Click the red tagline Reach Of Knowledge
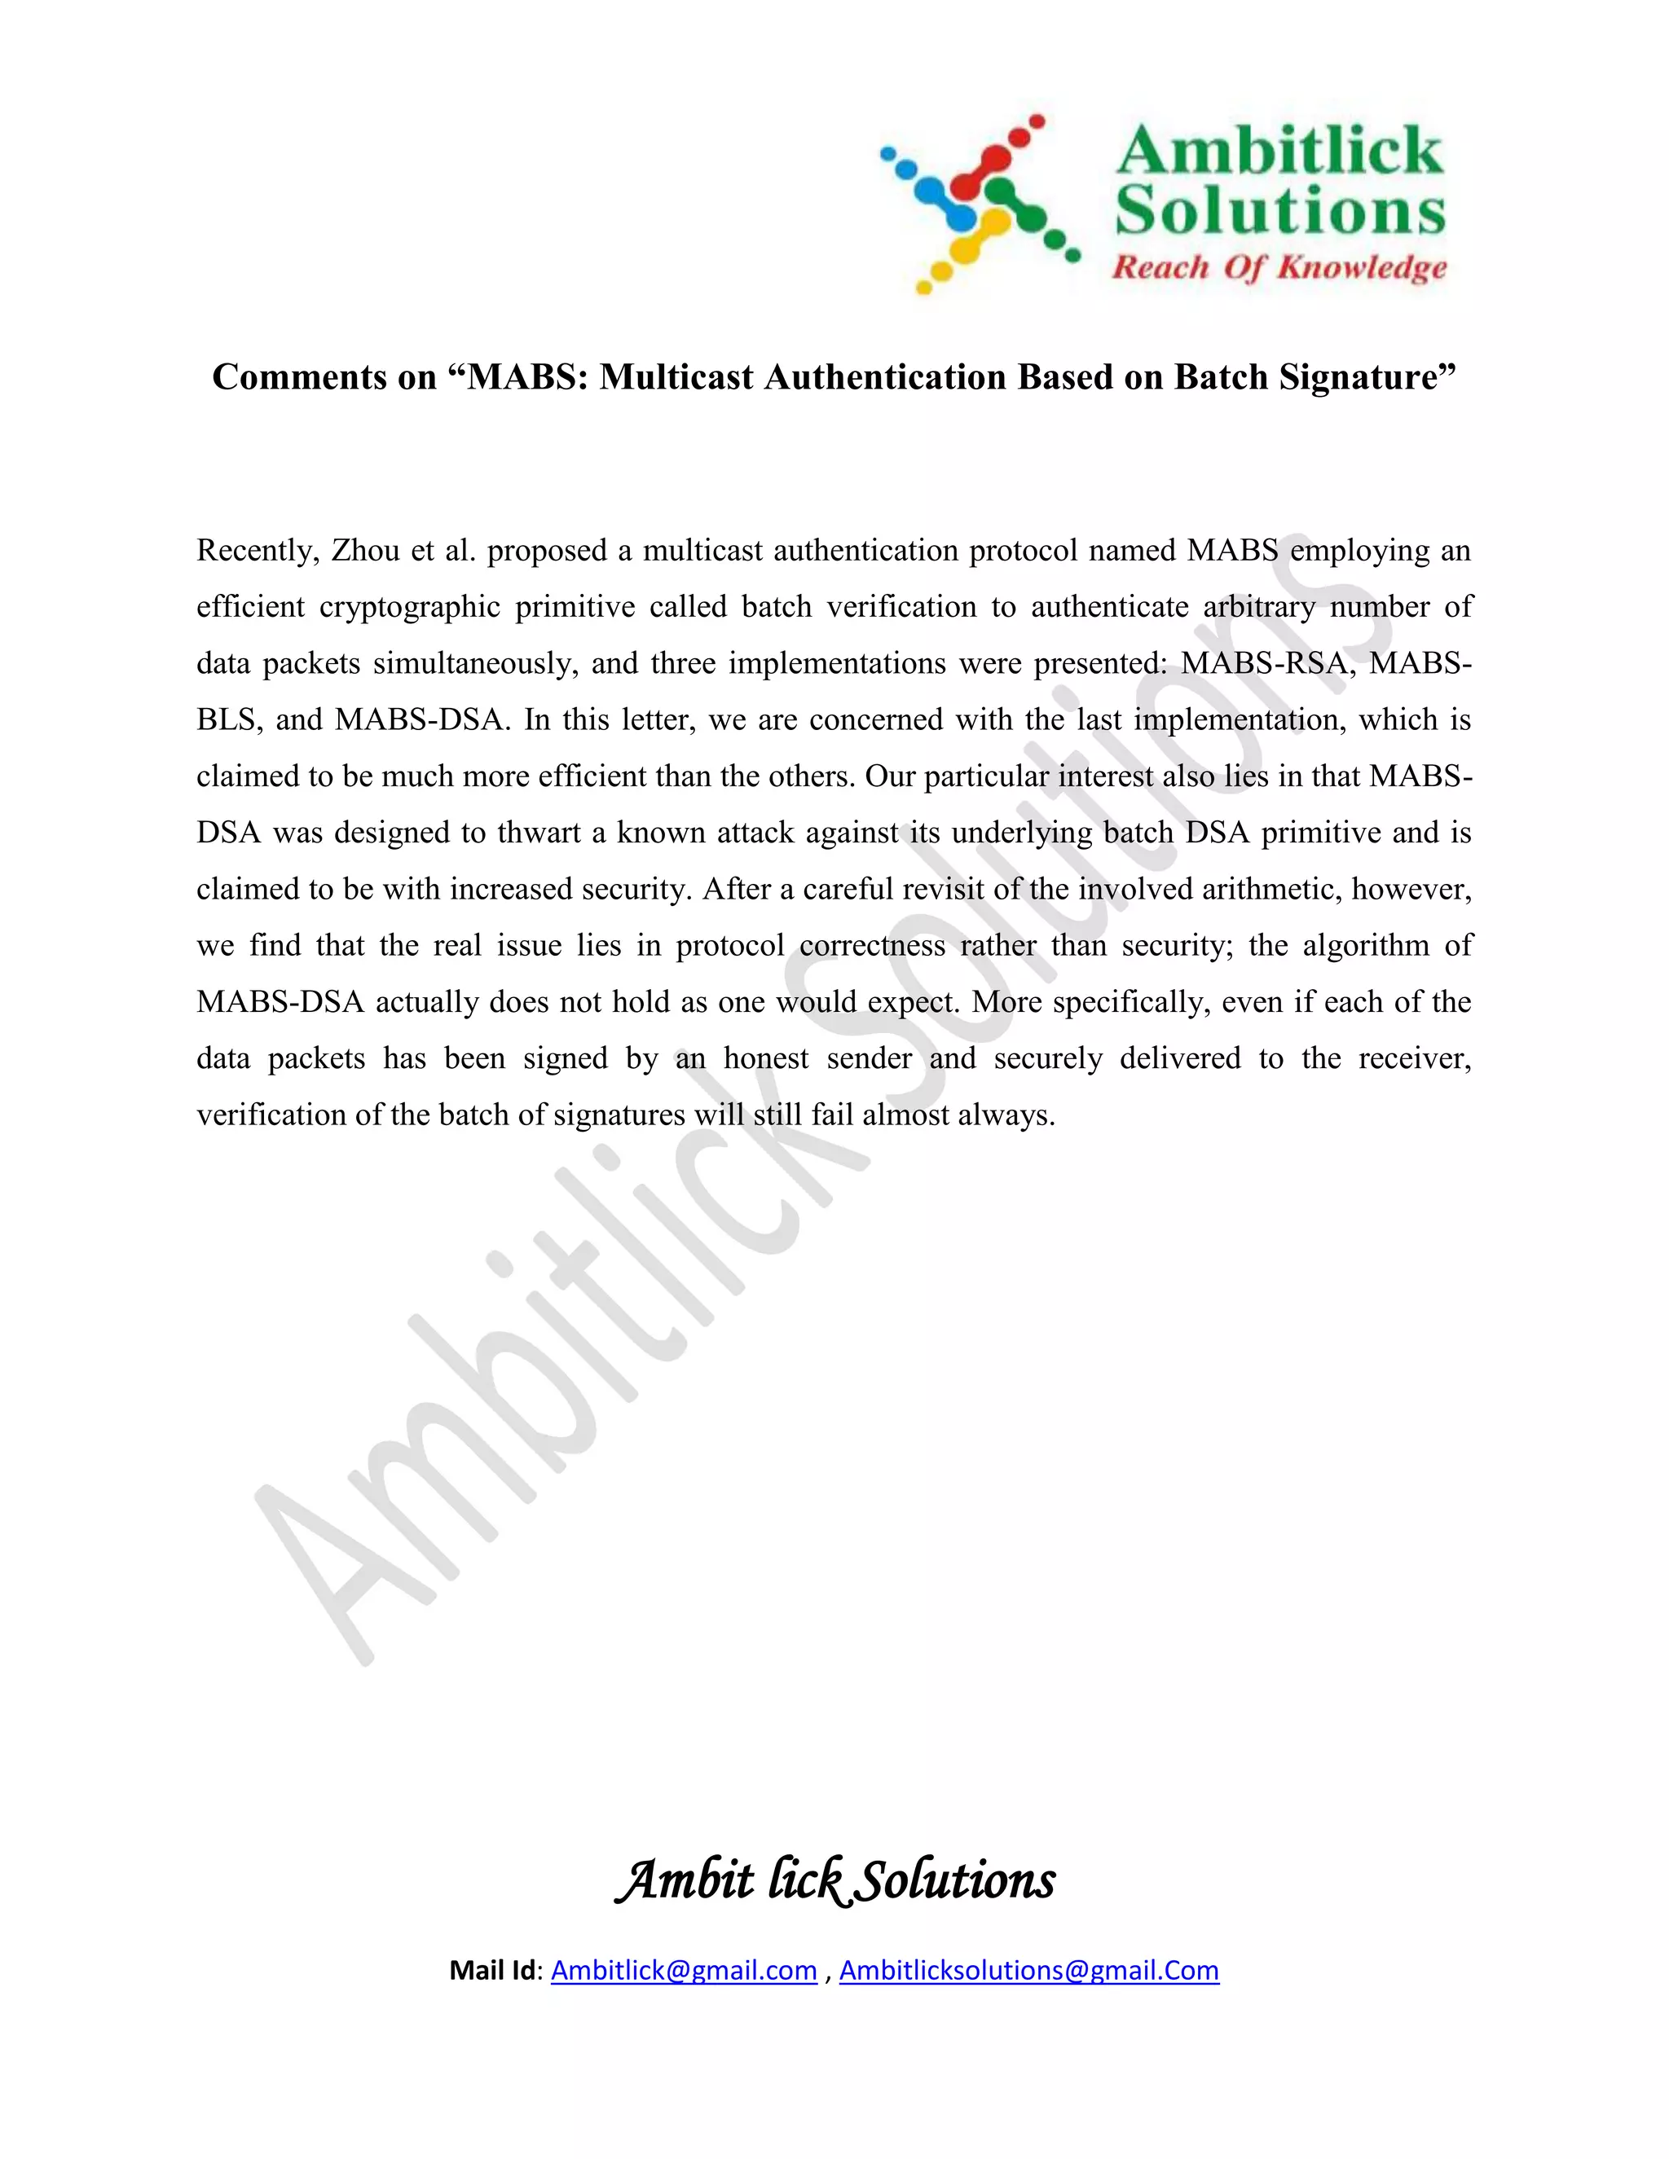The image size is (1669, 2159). (x=1279, y=267)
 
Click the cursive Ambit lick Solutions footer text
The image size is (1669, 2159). (x=835, y=1880)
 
